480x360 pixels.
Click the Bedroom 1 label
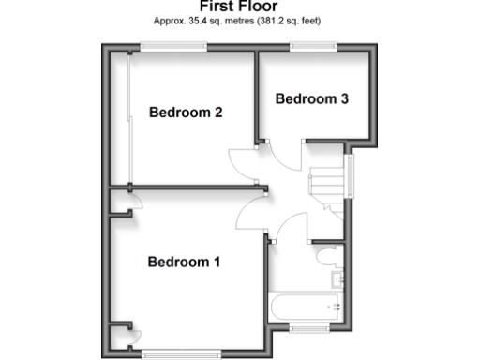click(184, 262)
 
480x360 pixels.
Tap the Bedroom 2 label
click(186, 113)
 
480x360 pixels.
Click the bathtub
click(306, 306)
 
